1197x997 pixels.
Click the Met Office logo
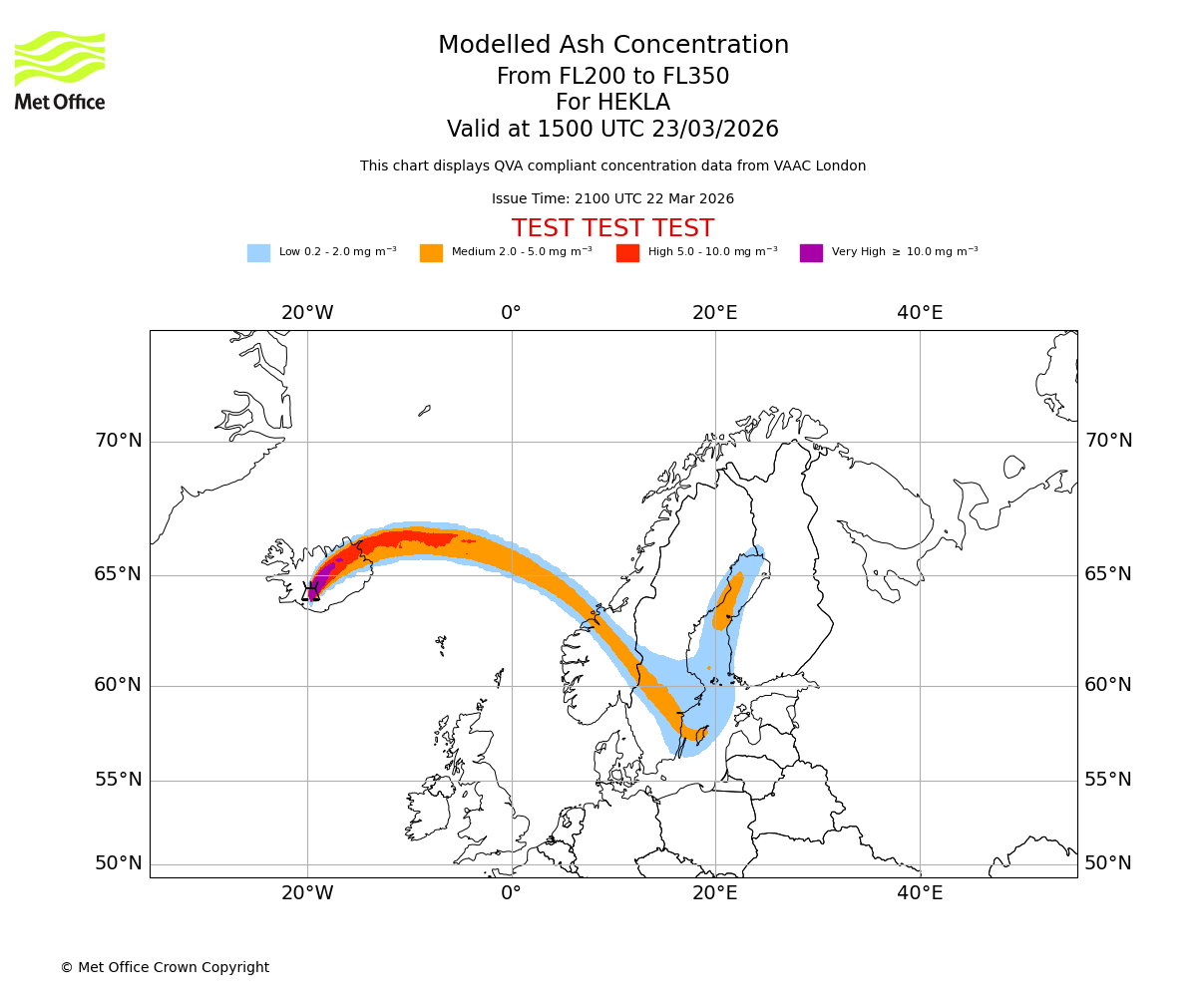point(60,70)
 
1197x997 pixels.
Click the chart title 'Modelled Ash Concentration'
point(612,46)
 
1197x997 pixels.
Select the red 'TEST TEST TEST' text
point(612,228)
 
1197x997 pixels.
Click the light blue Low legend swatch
point(258,253)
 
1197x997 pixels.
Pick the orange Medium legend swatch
point(431,253)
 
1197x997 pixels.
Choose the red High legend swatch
point(627,253)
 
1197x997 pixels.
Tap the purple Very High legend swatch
point(811,253)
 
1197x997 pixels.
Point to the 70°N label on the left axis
point(118,441)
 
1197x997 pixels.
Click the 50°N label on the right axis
point(1108,863)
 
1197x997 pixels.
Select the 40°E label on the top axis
point(920,313)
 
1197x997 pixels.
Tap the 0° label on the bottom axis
point(511,893)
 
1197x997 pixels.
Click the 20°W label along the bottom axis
point(307,893)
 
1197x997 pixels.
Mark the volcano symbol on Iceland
point(311,591)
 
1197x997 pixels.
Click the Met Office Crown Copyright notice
point(165,968)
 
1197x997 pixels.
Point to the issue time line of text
point(612,199)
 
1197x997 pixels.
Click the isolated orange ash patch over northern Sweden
point(728,603)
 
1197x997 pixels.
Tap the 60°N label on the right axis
point(1108,685)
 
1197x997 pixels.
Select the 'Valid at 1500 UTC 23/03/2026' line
point(612,130)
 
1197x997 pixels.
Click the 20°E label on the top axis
point(715,313)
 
